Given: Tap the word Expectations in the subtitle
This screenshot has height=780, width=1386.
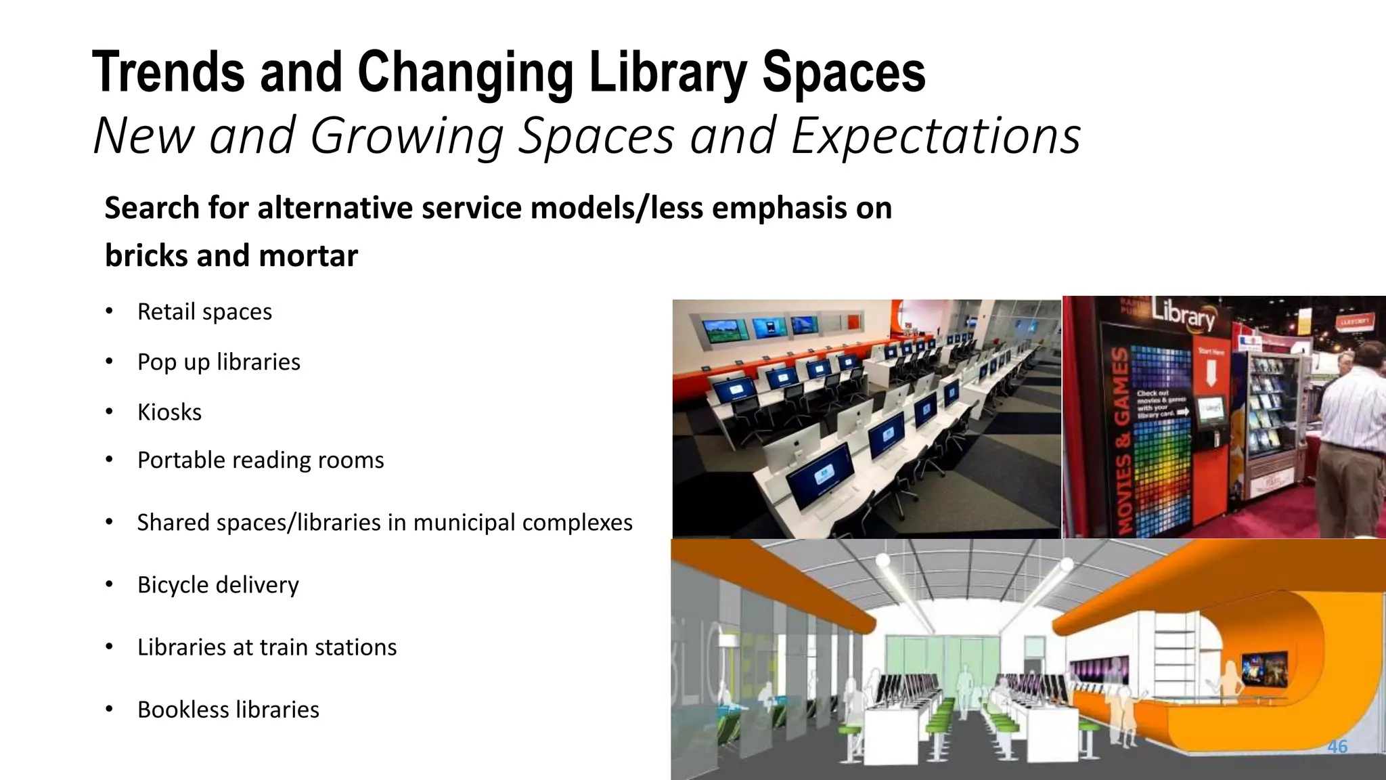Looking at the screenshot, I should click(x=935, y=135).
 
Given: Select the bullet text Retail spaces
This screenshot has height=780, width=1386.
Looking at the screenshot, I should click(x=204, y=311).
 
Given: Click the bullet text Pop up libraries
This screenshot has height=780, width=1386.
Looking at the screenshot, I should click(x=219, y=362).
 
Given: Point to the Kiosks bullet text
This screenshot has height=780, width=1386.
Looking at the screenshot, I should click(x=169, y=412).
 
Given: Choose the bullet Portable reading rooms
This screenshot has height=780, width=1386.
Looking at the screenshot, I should click(x=261, y=460).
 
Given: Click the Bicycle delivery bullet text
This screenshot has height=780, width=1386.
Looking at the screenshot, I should click(x=218, y=584).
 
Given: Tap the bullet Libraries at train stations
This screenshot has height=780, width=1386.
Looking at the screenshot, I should click(x=267, y=647).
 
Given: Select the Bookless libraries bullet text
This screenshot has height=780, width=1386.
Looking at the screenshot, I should click(x=228, y=709).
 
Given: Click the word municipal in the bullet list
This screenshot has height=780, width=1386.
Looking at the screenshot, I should click(x=463, y=522).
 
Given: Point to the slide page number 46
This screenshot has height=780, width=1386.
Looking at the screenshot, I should click(x=1337, y=746).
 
